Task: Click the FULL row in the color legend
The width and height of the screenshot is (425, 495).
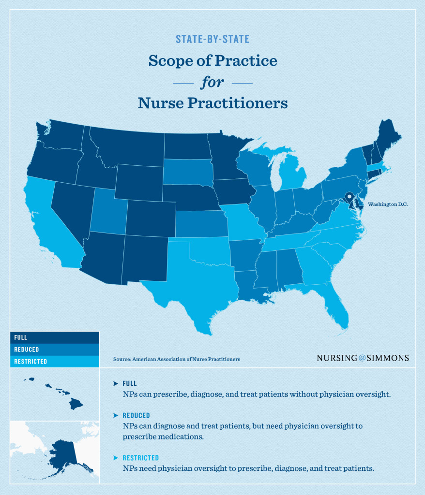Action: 54,337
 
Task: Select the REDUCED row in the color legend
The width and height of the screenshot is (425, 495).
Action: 54,349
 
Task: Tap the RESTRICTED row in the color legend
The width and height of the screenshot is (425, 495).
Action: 54,361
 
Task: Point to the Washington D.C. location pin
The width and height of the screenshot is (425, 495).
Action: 349,197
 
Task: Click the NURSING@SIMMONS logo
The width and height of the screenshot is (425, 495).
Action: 363,358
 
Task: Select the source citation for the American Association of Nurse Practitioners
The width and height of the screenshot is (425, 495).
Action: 176,359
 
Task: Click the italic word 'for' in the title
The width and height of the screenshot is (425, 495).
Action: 212,82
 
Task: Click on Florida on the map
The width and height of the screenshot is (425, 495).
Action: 334,305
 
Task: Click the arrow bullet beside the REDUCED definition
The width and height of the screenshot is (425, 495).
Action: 116,415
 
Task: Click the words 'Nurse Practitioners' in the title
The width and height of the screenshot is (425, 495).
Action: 212,103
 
